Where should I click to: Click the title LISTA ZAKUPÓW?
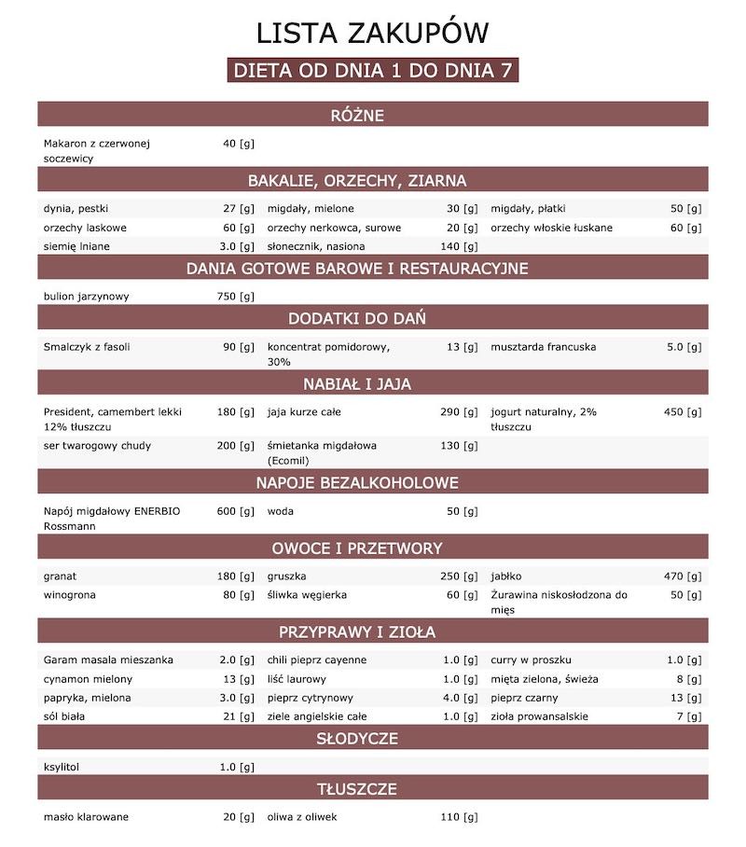pyautogui.click(x=372, y=34)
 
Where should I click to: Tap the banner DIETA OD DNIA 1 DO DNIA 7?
pyautogui.click(x=372, y=71)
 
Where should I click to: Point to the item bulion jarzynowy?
pyautogui.click(x=86, y=297)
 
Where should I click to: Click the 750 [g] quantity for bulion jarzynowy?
pyautogui.click(x=235, y=297)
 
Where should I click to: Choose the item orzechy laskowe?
pyautogui.click(x=85, y=228)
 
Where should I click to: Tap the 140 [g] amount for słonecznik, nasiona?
pyautogui.click(x=459, y=246)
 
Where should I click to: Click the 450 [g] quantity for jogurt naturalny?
pyautogui.click(x=682, y=411)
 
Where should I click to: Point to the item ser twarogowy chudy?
pyautogui.click(x=97, y=446)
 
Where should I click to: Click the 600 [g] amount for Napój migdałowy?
pyautogui.click(x=235, y=511)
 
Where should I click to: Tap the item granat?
pyautogui.click(x=60, y=576)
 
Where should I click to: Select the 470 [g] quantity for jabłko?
pyautogui.click(x=682, y=576)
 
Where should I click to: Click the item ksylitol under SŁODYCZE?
pyautogui.click(x=63, y=767)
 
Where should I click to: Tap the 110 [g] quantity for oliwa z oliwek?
pyautogui.click(x=459, y=817)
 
